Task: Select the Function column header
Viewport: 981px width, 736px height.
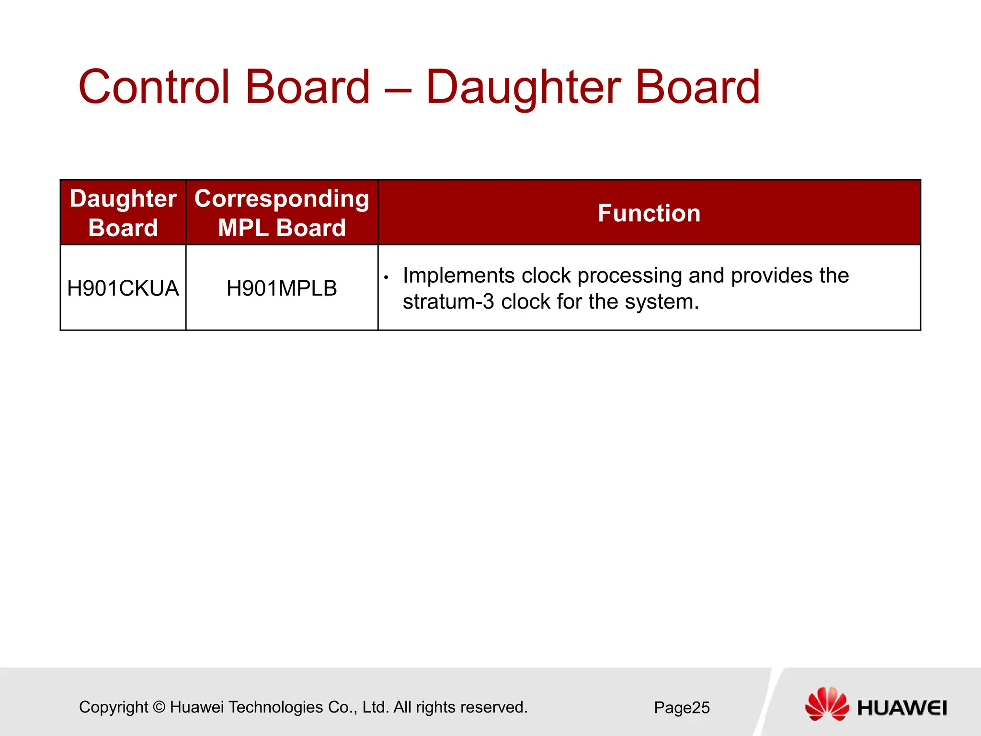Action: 649,213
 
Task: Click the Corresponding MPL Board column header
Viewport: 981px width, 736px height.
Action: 282,213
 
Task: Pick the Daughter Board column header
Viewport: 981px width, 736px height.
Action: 123,213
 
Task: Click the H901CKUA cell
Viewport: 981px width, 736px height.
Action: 123,288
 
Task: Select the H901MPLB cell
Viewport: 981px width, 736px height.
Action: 282,288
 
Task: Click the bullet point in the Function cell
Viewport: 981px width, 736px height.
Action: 386,277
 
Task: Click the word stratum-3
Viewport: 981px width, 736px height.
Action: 448,302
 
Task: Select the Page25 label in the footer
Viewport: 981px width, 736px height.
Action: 682,708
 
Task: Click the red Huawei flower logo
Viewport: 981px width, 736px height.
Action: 826,704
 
